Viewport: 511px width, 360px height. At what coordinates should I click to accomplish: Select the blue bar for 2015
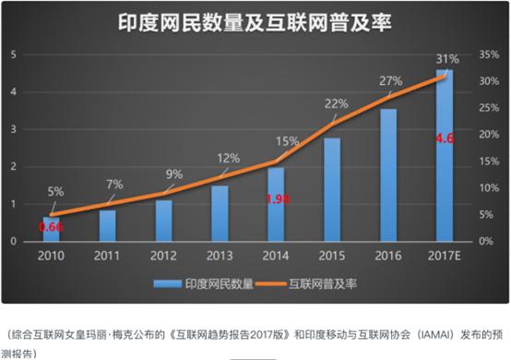pyautogui.click(x=332, y=189)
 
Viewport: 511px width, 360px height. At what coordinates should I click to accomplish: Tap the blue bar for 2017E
pyautogui.click(x=445, y=155)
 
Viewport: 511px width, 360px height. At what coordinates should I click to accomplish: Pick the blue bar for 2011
pyautogui.click(x=108, y=225)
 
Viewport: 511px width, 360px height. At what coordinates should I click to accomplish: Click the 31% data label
pyautogui.click(x=446, y=59)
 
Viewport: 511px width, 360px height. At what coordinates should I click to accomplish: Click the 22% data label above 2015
pyautogui.click(x=336, y=103)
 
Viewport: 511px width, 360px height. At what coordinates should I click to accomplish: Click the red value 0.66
pyautogui.click(x=50, y=224)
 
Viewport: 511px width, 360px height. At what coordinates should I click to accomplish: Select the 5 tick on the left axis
pyautogui.click(x=15, y=54)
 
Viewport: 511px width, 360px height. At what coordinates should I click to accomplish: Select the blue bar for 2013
pyautogui.click(x=220, y=213)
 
